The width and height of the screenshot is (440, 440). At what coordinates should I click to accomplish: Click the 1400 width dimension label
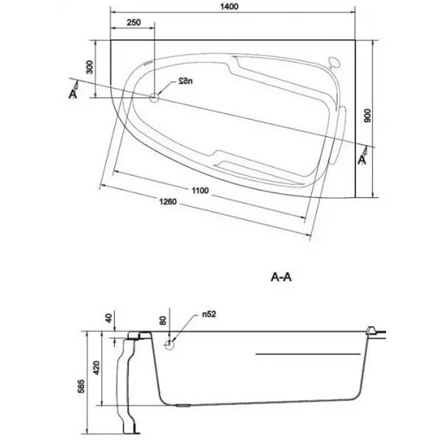coord(229,6)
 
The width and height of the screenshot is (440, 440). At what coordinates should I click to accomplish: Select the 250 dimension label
coord(134,22)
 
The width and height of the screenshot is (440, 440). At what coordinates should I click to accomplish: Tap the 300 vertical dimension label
coord(89,67)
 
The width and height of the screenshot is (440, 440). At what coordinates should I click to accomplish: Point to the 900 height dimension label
coord(367,116)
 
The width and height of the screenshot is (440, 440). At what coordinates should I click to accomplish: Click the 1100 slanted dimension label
coord(201,191)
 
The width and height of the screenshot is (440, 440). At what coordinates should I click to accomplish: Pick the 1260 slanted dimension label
coord(168,202)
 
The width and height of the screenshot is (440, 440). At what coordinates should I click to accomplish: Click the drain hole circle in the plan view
coord(154,97)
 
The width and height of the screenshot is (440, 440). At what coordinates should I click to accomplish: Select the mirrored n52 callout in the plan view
coord(186,82)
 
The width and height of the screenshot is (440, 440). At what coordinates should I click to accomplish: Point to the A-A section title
coord(281,277)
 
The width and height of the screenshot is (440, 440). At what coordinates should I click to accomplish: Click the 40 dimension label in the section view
coord(109,318)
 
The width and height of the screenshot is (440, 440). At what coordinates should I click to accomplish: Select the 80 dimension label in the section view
coord(163,320)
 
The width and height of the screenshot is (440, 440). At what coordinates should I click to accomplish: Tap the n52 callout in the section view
coord(209,314)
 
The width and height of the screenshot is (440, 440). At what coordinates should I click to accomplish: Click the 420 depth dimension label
coord(96,368)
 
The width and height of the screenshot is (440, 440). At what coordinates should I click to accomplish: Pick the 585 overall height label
coord(81,387)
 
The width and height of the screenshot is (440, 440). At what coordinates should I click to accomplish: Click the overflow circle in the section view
coord(169,344)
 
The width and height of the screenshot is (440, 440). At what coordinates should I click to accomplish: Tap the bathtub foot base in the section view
coord(131,432)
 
